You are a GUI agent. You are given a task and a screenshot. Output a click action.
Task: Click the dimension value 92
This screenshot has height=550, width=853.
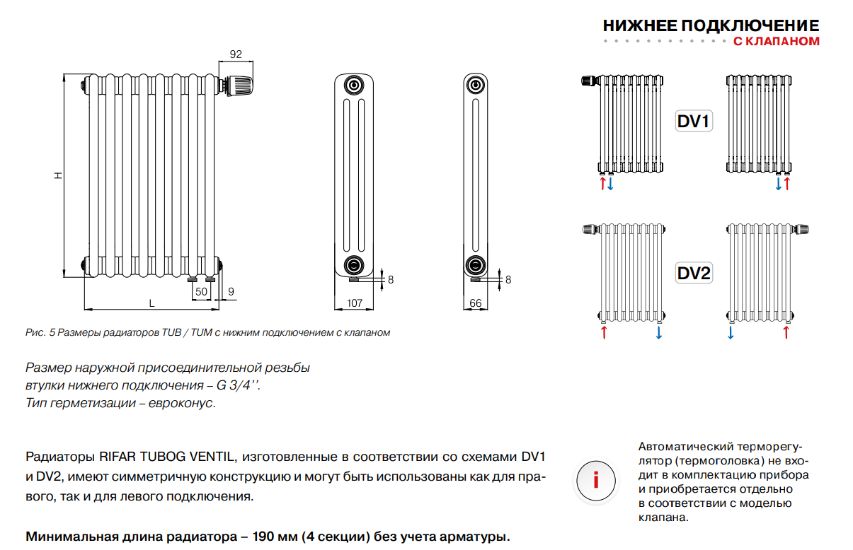[x=236, y=54]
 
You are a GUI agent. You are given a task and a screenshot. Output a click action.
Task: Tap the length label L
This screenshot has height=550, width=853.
[x=151, y=303]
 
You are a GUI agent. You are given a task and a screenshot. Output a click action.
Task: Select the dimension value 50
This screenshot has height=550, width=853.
[x=201, y=291]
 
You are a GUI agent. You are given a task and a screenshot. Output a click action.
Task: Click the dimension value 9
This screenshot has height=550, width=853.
[x=231, y=291]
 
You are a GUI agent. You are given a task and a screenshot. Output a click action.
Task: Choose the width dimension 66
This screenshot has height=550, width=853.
[x=476, y=303]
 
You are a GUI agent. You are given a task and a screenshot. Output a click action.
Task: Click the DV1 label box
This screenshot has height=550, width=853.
[x=694, y=122]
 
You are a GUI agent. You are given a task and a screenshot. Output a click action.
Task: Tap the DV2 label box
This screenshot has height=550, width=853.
[x=694, y=273]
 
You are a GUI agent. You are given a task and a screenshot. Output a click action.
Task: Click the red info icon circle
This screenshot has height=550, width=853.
[x=596, y=481]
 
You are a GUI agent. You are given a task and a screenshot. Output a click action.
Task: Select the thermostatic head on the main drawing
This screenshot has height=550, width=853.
[x=239, y=86]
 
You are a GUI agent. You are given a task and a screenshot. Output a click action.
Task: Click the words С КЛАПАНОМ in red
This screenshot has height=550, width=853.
[x=776, y=42]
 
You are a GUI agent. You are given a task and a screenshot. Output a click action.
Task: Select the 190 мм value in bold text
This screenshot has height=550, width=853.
[x=273, y=536]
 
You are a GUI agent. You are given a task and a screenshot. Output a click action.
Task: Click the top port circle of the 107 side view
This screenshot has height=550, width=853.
[x=353, y=86]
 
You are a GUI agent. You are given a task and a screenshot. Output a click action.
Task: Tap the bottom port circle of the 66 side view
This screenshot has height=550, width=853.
[x=475, y=265]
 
